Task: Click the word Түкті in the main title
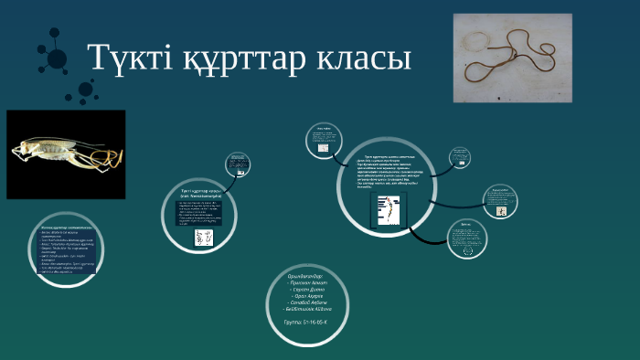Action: click(128, 58)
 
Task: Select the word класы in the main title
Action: click(364, 58)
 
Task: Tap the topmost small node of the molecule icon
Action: click(44, 31)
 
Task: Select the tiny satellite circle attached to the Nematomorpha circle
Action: click(236, 164)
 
